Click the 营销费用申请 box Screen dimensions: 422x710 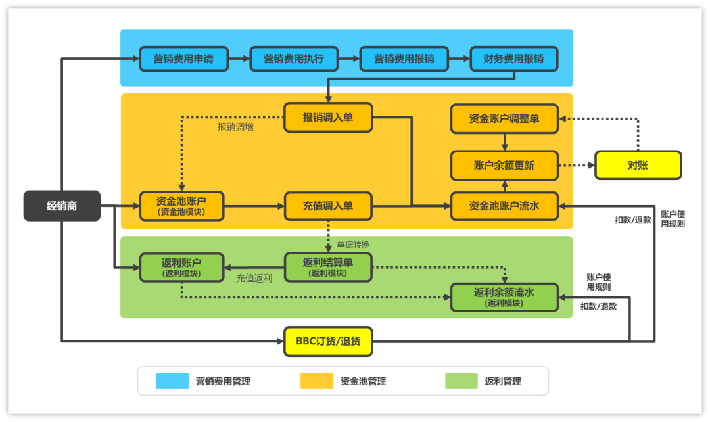pyautogui.click(x=183, y=59)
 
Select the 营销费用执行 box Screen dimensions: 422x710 pyautogui.click(x=293, y=59)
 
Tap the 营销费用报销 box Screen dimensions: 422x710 pyautogui.click(x=404, y=59)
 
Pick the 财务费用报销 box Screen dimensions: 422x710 pyautogui.click(x=513, y=59)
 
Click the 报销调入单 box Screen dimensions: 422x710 pyautogui.click(x=328, y=118)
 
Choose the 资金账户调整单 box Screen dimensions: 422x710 pyautogui.click(x=504, y=118)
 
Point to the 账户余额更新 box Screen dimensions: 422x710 pyautogui.click(x=504, y=165)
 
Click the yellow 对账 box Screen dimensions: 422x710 pyautogui.click(x=638, y=165)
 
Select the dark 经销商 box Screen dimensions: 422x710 pyautogui.click(x=62, y=206)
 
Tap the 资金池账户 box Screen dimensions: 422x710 pyautogui.click(x=181, y=206)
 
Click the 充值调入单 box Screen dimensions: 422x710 pyautogui.click(x=328, y=206)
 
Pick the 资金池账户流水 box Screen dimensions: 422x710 pyautogui.click(x=504, y=206)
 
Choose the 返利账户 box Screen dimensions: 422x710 pyautogui.click(x=181, y=267)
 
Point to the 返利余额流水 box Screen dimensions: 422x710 pyautogui.click(x=504, y=296)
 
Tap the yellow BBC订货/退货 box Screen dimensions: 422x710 pyautogui.click(x=328, y=342)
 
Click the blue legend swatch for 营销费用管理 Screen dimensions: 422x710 pyautogui.click(x=172, y=381)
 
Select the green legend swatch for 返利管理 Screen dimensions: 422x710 pyautogui.click(x=461, y=381)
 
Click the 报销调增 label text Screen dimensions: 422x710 pyautogui.click(x=235, y=127)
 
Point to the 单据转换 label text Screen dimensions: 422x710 pyautogui.click(x=353, y=245)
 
